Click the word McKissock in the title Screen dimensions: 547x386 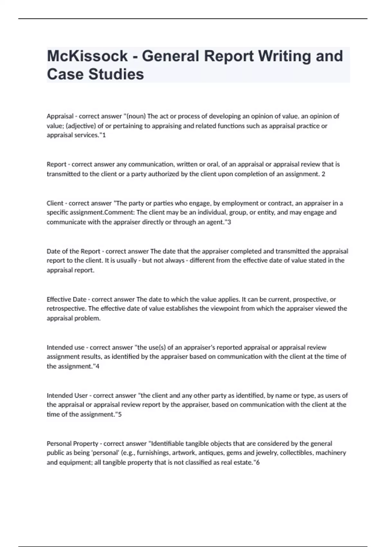pos(87,56)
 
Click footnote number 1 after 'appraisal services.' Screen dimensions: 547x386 pos(104,135)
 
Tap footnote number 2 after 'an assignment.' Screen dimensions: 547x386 pos(323,174)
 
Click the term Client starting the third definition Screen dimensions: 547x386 pos(55,203)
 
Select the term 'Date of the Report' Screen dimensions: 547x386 pos(73,251)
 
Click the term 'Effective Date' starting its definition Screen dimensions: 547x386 pos(66,300)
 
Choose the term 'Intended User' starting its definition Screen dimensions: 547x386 pos(67,395)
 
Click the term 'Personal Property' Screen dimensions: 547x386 pos(72,444)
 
